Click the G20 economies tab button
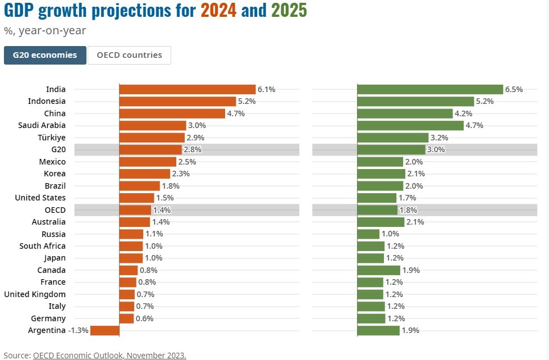click(45, 55)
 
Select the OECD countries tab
click(129, 55)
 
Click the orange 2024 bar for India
click(187, 89)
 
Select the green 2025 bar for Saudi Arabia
click(410, 125)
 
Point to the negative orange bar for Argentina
click(104, 330)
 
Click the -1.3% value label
click(78, 330)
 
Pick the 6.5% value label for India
click(514, 89)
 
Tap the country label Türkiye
click(51, 138)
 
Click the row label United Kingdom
click(35, 294)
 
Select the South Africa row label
click(42, 246)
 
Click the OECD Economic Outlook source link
click(109, 355)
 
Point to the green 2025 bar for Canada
click(378, 270)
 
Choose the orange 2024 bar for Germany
click(127, 318)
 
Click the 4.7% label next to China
click(236, 113)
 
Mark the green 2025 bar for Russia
click(368, 234)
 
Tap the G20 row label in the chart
click(58, 149)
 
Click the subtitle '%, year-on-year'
click(45, 31)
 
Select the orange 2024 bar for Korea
click(145, 174)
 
